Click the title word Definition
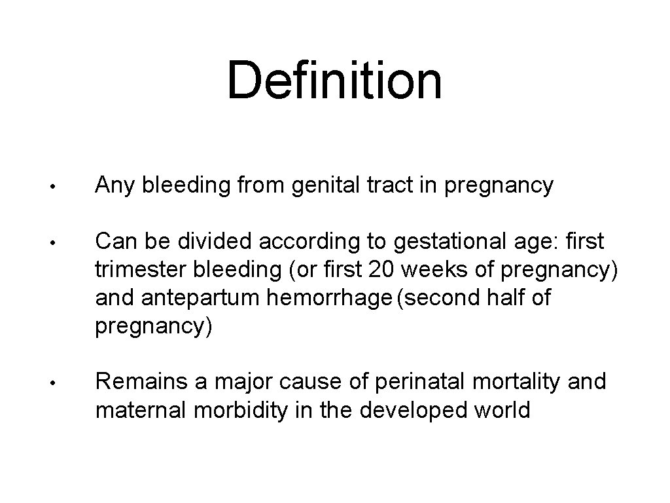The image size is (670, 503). pyautogui.click(x=334, y=81)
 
